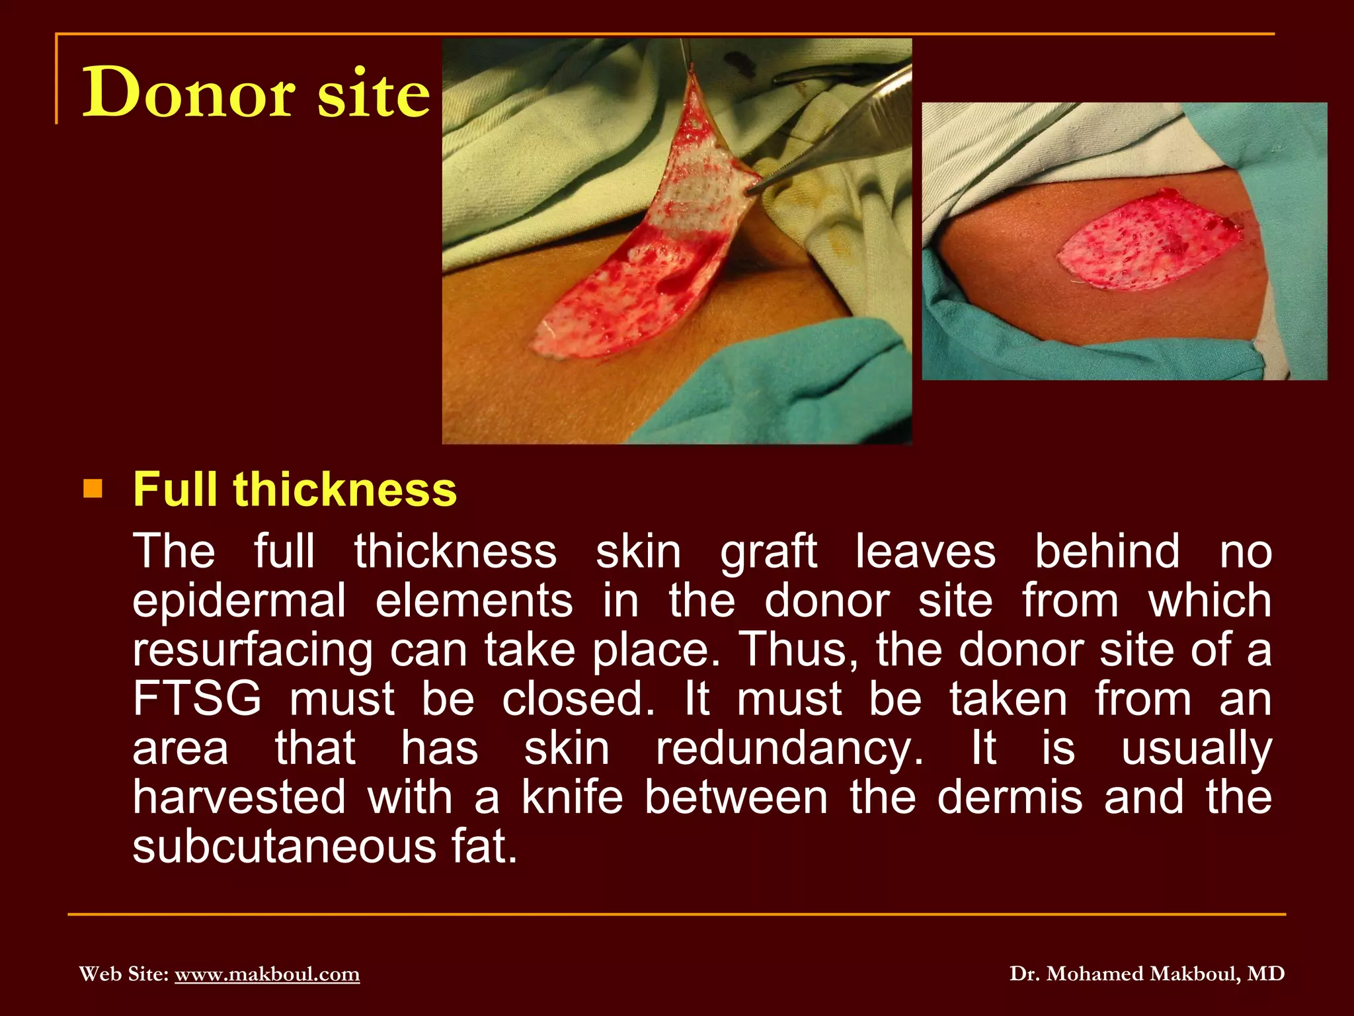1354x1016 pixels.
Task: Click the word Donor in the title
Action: pos(188,93)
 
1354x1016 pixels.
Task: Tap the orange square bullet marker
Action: pos(93,489)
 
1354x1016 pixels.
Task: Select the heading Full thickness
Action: pos(295,489)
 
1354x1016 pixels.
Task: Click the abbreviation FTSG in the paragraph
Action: pos(197,698)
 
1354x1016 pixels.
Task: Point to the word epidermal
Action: pos(239,601)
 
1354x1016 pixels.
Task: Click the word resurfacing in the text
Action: pos(253,650)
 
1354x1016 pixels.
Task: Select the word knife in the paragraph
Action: pos(573,797)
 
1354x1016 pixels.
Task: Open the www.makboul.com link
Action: pos(267,974)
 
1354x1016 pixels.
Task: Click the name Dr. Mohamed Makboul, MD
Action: pos(1146,974)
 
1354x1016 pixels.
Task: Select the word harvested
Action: pos(239,797)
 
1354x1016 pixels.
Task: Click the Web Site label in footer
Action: pos(124,974)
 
